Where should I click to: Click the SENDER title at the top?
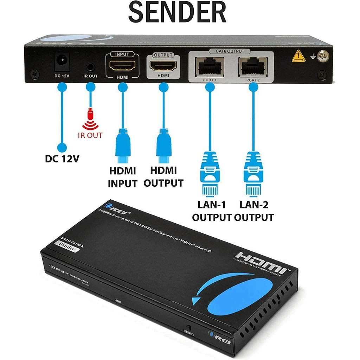[177, 13]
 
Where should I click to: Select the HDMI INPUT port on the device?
[122, 66]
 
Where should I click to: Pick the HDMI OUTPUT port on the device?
[163, 66]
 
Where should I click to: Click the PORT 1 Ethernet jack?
[210, 66]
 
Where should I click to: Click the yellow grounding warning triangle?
[298, 56]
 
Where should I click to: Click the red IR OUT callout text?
[90, 135]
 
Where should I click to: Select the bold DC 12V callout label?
[62, 159]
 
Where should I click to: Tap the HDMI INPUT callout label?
[122, 177]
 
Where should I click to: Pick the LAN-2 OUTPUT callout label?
[254, 211]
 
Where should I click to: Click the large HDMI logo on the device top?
[260, 262]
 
